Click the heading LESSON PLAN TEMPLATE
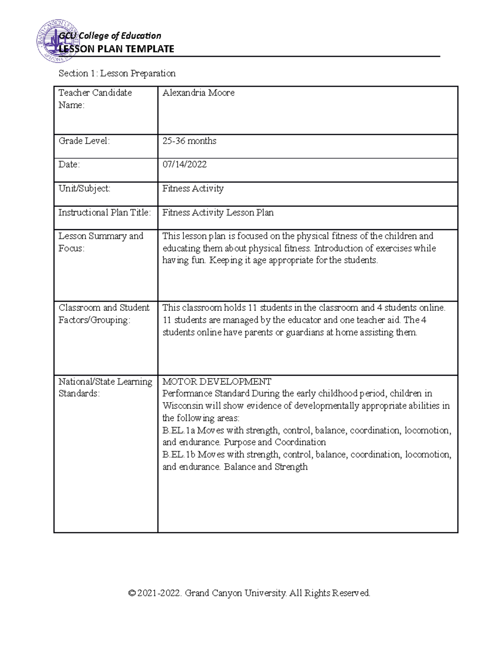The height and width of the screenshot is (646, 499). [x=116, y=49]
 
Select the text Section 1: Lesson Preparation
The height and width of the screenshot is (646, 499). [x=117, y=74]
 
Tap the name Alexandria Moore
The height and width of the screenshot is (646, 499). [x=198, y=93]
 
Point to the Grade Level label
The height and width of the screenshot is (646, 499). [x=84, y=141]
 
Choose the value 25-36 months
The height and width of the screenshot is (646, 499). [x=189, y=141]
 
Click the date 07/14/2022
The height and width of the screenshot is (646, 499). [x=184, y=165]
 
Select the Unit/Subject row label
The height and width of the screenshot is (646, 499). [x=84, y=188]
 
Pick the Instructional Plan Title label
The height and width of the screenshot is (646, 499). [x=104, y=213]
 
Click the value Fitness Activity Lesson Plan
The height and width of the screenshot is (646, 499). [x=218, y=213]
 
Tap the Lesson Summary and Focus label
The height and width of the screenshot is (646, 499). [x=101, y=242]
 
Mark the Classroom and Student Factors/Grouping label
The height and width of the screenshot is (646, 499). [x=104, y=314]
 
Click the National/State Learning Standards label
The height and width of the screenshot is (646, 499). [x=105, y=387]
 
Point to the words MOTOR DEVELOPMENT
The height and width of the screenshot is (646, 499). [x=217, y=381]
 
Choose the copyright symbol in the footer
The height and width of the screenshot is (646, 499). [x=132, y=593]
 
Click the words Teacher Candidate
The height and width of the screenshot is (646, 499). [x=95, y=93]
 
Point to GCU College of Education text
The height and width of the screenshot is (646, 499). [x=110, y=36]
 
